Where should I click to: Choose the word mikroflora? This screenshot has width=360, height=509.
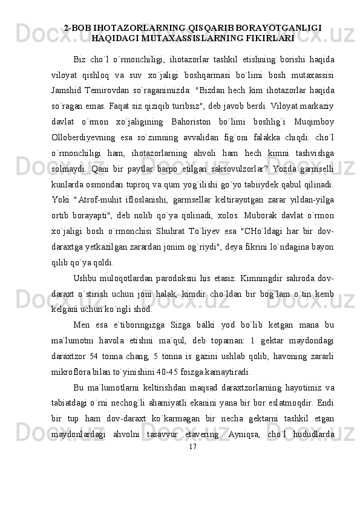pyautogui.click(x=89, y=374)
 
